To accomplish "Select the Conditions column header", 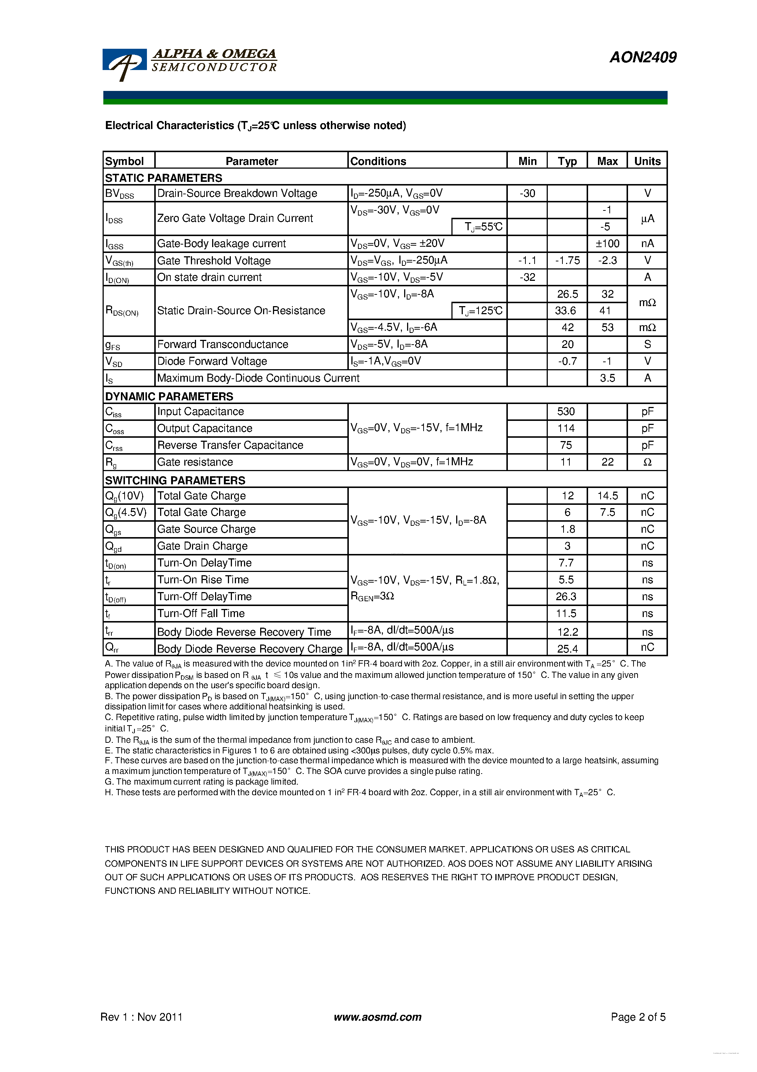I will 378,161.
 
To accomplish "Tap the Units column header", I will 647,161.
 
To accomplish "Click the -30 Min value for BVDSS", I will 527,193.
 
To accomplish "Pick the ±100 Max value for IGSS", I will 607,244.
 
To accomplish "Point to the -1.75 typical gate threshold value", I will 567,261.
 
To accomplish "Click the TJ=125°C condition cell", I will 480,311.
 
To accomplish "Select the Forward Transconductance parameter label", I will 223,345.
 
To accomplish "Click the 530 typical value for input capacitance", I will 566,412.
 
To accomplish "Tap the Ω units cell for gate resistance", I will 647,462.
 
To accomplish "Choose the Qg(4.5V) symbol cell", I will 126,513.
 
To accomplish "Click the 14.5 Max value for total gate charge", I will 607,496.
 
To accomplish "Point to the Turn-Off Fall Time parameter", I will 201,613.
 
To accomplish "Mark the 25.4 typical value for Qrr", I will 567,649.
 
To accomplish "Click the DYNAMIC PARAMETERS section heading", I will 169,396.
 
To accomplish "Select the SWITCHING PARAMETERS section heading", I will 175,480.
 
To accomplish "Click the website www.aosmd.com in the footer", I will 377,1017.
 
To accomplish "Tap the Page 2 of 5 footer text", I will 638,1017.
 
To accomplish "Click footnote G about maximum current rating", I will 201,782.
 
